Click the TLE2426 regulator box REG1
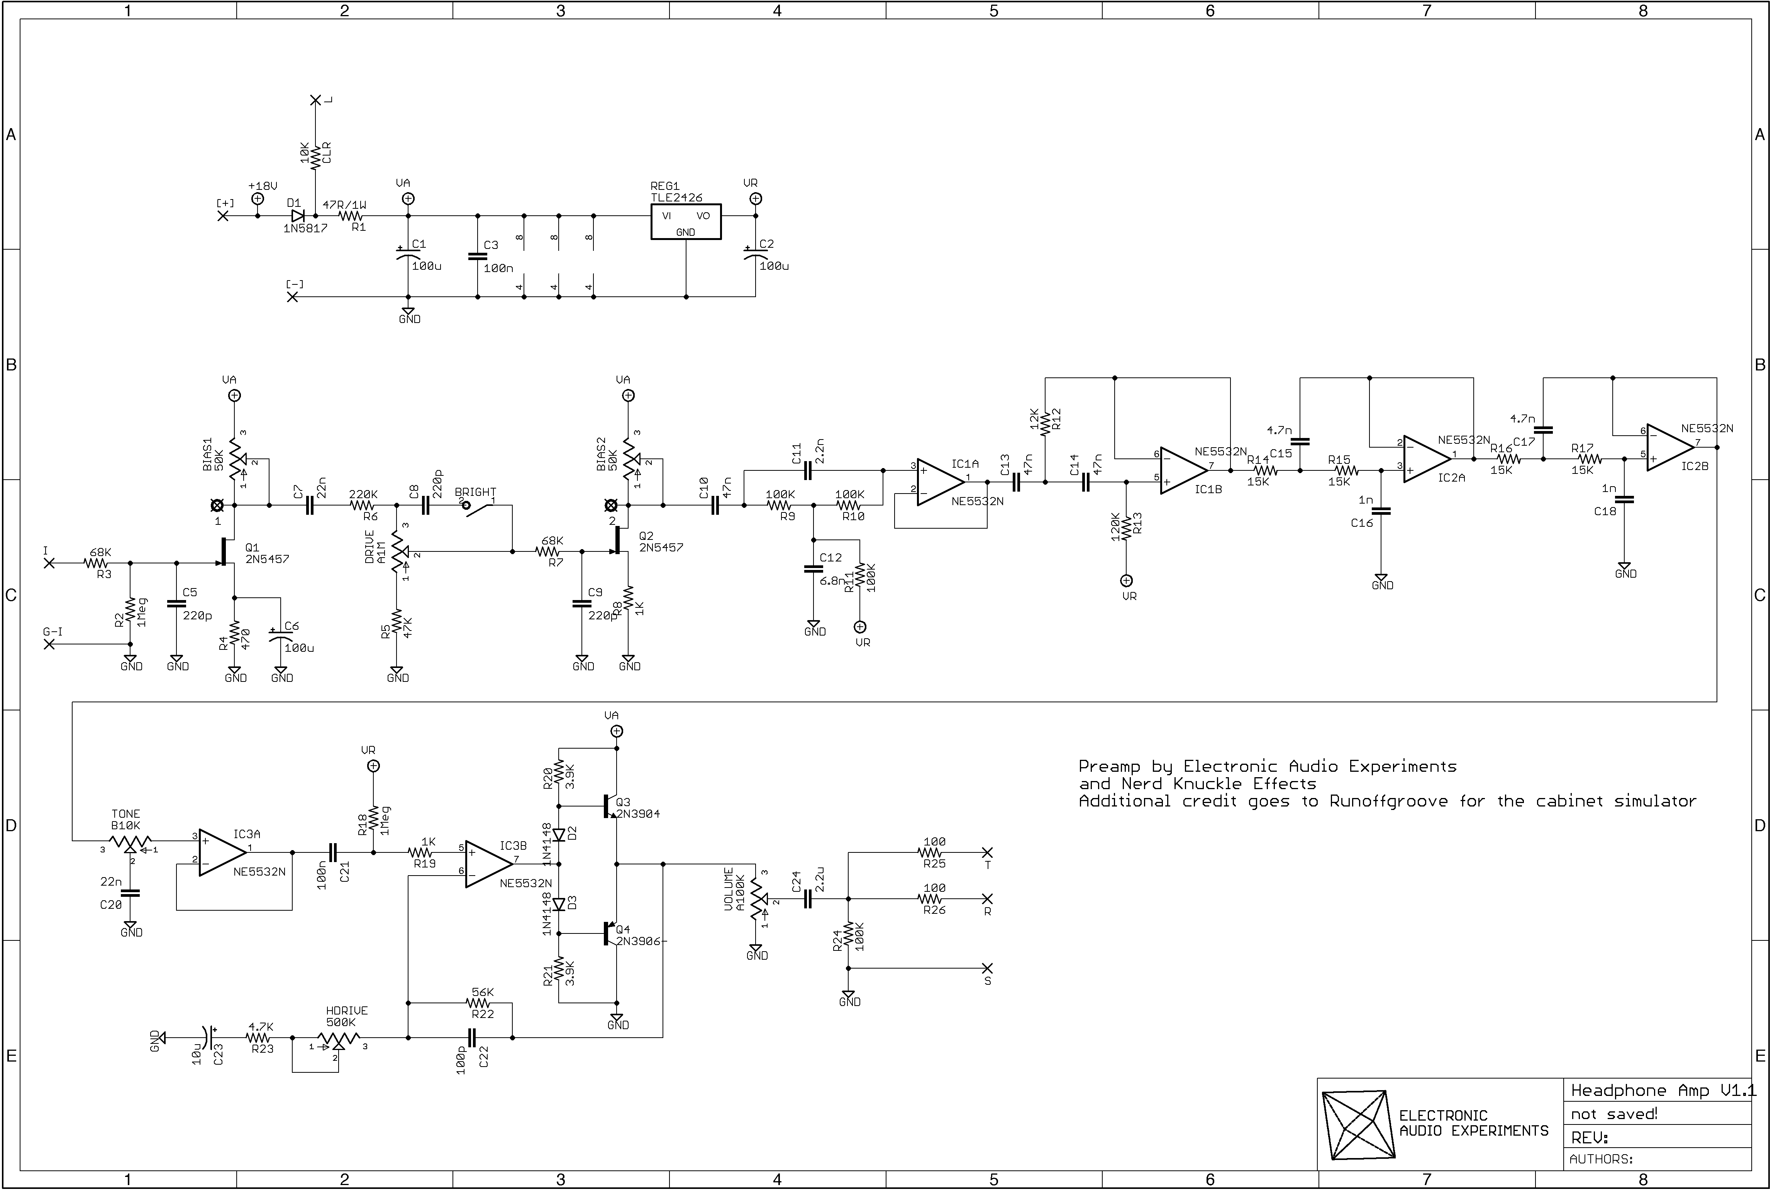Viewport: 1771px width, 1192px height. (x=685, y=221)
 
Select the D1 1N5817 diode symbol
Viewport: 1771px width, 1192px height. (x=297, y=215)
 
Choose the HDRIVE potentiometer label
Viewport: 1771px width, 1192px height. (x=347, y=1010)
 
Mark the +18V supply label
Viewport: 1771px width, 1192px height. (x=263, y=186)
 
